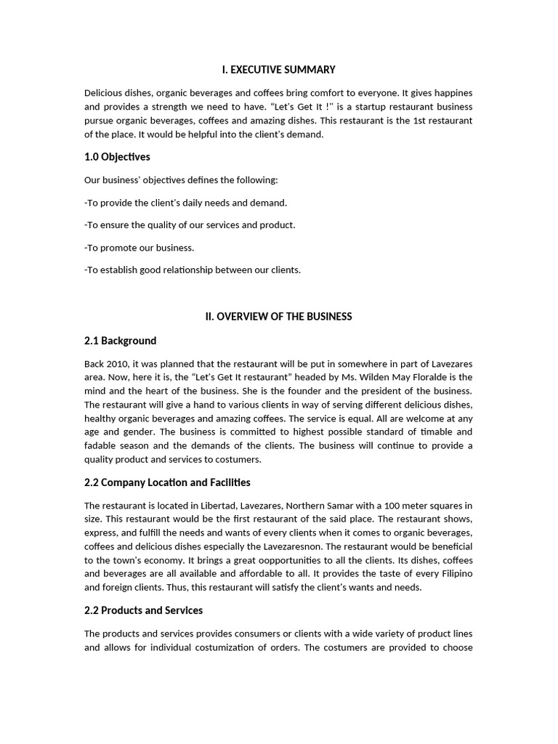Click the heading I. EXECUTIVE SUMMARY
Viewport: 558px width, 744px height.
(278, 70)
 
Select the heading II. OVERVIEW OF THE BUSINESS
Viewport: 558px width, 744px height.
(278, 316)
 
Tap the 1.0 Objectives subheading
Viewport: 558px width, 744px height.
(117, 157)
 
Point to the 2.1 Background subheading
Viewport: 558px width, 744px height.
(120, 341)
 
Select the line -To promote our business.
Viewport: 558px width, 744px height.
(139, 248)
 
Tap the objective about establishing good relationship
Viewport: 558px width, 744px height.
(193, 270)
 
